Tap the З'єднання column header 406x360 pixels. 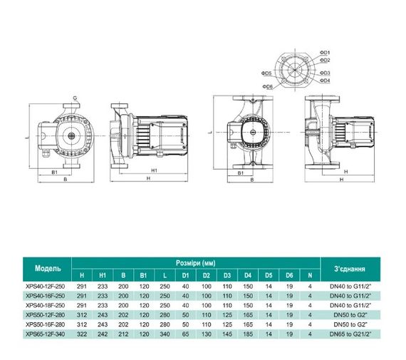(349, 269)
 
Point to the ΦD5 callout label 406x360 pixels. (267, 73)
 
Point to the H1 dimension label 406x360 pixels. (155, 170)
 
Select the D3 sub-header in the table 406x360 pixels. (227, 275)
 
